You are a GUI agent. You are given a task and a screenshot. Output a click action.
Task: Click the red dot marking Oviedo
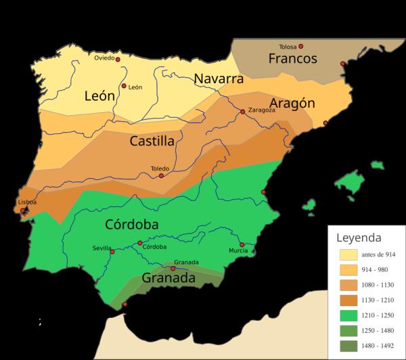pos(118,60)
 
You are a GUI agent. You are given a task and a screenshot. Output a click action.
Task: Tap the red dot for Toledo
pos(161,176)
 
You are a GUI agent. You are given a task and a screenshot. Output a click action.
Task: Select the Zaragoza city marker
pos(242,111)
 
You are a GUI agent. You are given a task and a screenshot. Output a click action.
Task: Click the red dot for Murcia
pos(242,244)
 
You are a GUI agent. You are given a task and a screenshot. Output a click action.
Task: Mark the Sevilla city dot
pos(112,252)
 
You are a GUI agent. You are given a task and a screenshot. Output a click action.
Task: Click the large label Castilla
pos(152,141)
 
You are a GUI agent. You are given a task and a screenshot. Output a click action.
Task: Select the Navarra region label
pos(219,78)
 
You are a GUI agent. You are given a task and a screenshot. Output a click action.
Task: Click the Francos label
pos(292,59)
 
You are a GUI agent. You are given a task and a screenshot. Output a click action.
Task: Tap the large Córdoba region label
pos(132,224)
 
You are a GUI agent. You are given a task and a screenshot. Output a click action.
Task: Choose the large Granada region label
pos(168,277)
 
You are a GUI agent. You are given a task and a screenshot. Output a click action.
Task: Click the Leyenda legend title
pos(359,238)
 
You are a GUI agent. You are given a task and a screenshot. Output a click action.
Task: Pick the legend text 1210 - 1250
pos(379,315)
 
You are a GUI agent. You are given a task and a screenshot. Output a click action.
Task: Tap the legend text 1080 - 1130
pos(379,285)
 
